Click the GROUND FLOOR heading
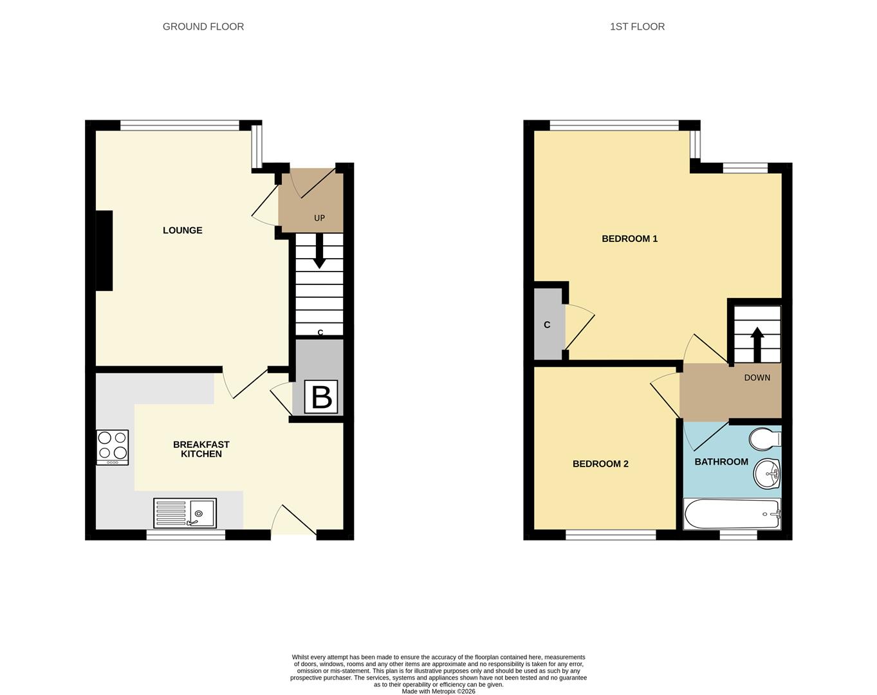[203, 26]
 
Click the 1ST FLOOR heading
[637, 26]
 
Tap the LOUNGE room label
[182, 230]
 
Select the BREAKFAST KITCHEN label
[201, 449]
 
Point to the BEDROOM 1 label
[629, 239]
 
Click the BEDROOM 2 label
[600, 464]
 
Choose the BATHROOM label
[721, 461]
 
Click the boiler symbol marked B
[321, 397]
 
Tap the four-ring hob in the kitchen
[113, 447]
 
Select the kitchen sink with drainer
[185, 513]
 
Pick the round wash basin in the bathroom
[766, 474]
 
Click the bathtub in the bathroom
[732, 514]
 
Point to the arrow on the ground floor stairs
[319, 252]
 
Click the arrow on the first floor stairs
[757, 344]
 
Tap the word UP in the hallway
[319, 218]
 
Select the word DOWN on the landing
[757, 378]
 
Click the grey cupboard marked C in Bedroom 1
[548, 324]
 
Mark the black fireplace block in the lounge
[104, 251]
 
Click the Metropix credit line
[438, 691]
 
